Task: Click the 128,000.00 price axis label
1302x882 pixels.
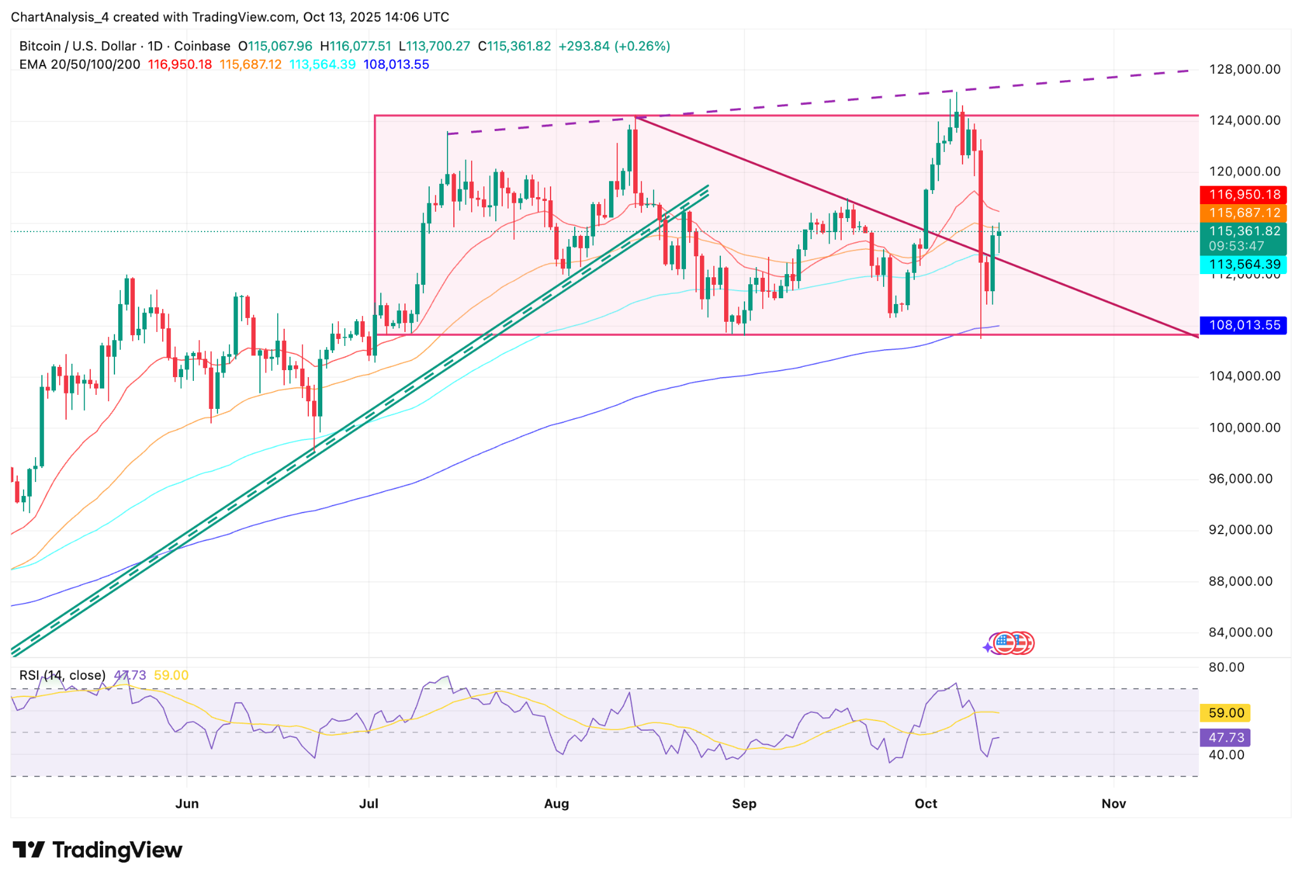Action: coord(1244,69)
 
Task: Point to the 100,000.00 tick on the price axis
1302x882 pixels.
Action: coord(1244,427)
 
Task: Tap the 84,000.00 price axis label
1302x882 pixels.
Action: coord(1240,632)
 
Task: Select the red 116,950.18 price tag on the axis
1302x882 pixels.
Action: coord(1244,195)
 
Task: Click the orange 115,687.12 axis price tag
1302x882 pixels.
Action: coord(1244,213)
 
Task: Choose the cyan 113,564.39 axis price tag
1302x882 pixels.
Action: coord(1244,265)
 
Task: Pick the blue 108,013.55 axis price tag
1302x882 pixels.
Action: coord(1244,326)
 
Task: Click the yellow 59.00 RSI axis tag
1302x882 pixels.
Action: coord(1226,713)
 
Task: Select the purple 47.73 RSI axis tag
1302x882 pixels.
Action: coord(1226,738)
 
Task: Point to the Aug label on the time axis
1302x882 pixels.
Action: coord(556,804)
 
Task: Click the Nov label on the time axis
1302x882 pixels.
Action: coord(1114,804)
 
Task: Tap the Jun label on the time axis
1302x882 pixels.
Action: coord(187,804)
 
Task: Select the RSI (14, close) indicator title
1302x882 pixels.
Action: coord(62,675)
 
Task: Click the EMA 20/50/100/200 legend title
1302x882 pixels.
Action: coord(79,64)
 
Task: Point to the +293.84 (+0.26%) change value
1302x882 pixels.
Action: coord(614,46)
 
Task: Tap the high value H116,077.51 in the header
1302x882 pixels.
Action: coord(355,46)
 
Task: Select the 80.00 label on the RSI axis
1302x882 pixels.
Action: coord(1226,667)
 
